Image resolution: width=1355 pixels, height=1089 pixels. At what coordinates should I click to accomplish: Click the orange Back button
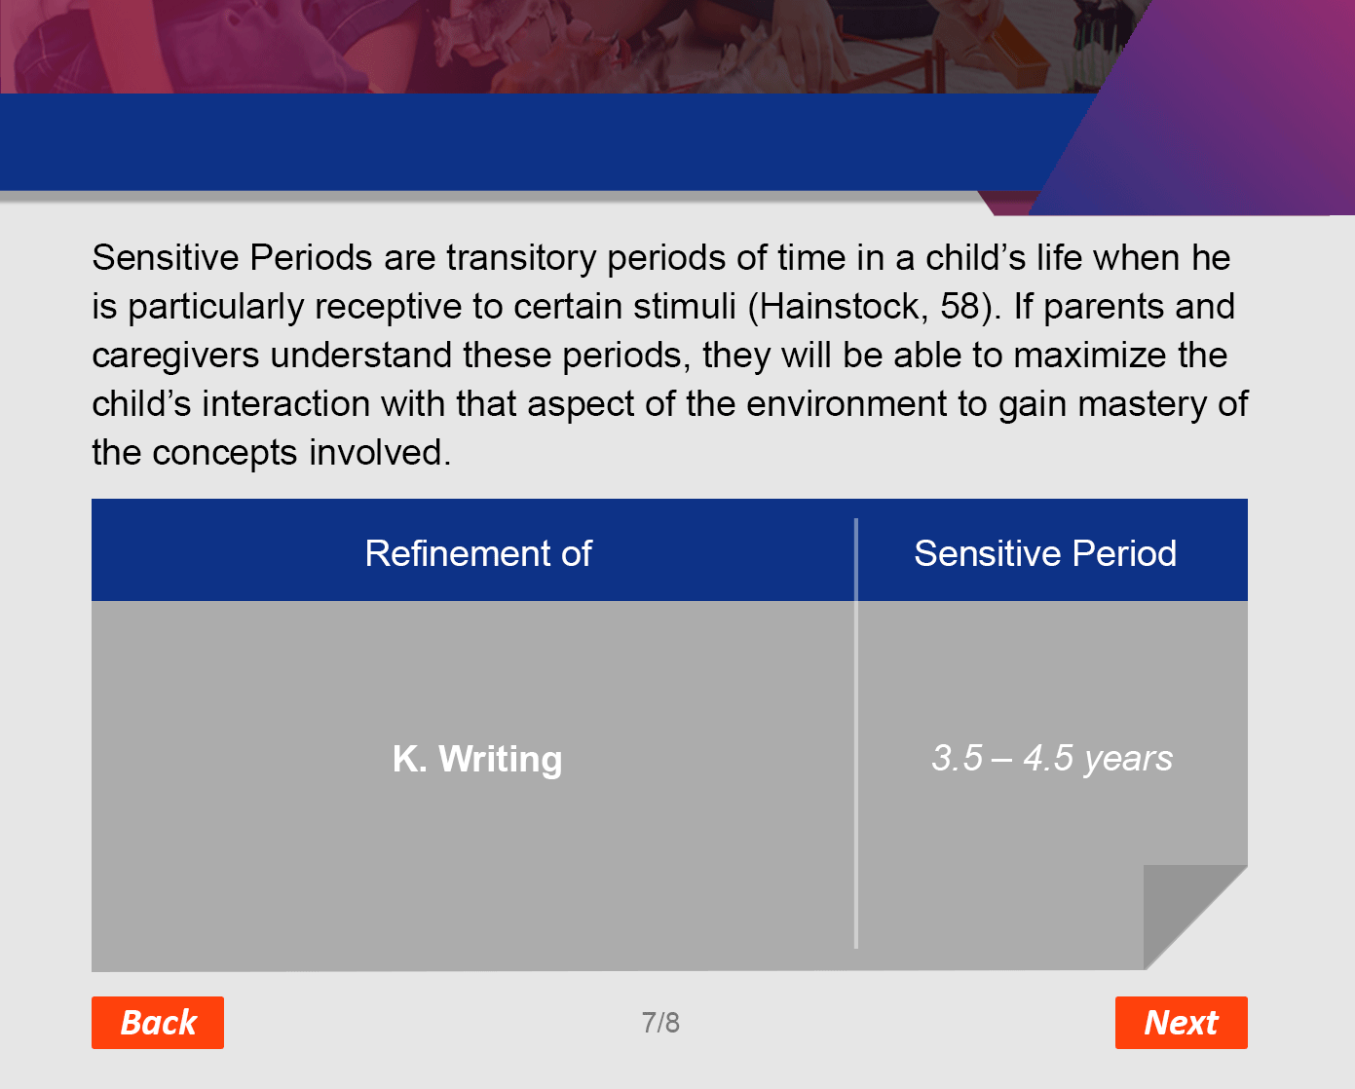coord(158,1022)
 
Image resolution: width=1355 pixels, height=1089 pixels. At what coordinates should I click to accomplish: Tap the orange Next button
coord(1182,1022)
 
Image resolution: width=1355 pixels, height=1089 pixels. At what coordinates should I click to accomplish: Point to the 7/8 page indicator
coord(660,1023)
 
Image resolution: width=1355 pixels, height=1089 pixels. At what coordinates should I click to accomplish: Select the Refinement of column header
coord(478,553)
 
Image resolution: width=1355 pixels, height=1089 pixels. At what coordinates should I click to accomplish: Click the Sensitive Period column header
coord(1045,553)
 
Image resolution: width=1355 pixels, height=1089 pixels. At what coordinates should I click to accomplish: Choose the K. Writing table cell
coord(477,759)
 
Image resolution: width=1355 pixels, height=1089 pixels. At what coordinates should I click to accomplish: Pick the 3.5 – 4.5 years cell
coord(1052,758)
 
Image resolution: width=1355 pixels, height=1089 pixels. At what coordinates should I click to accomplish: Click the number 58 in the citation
coord(960,307)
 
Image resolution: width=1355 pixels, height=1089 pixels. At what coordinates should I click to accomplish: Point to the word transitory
coord(521,258)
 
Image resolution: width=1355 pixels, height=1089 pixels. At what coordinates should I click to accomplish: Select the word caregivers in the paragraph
coord(175,356)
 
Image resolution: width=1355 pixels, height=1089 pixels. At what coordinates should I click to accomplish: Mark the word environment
coord(847,404)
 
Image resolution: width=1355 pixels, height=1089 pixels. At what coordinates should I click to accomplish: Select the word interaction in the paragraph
coord(285,404)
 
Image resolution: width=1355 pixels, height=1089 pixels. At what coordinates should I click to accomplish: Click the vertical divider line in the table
coord(855,733)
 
